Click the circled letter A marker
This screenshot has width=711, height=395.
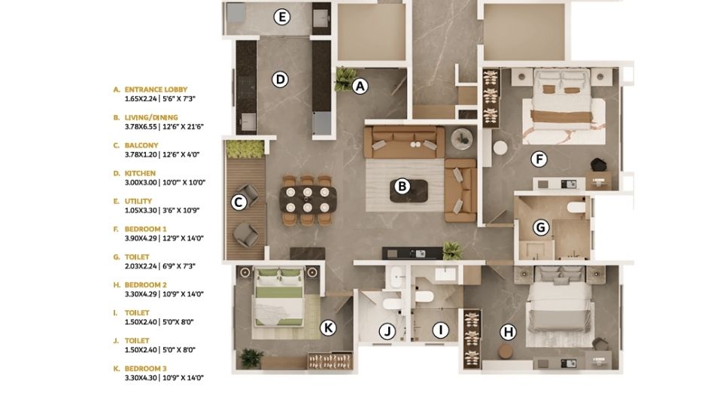[x=360, y=86]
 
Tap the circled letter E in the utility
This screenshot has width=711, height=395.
[x=282, y=17]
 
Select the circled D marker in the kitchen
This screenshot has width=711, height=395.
[x=280, y=79]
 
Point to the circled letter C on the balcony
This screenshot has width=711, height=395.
[x=239, y=202]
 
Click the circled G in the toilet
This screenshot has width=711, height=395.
[x=540, y=226]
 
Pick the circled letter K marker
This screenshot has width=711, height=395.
[x=328, y=327]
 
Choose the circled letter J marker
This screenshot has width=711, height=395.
[x=387, y=332]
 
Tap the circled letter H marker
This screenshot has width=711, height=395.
[x=509, y=333]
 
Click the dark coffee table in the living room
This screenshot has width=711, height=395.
[x=409, y=190]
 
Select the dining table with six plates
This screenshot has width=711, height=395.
[x=308, y=199]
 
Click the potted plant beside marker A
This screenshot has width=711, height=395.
[x=345, y=78]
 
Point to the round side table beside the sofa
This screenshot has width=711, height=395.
[x=462, y=138]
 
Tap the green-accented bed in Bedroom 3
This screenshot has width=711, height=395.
[x=279, y=297]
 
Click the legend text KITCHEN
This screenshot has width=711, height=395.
[x=140, y=173]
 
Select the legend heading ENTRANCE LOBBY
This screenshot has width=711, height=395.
[x=156, y=90]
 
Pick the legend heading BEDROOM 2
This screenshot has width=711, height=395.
[x=145, y=285]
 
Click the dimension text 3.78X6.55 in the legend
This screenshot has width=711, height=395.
[x=141, y=126]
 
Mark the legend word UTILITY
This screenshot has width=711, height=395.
[x=138, y=201]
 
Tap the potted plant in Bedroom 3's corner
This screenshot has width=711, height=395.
[x=251, y=357]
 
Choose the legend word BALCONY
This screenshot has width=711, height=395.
[x=141, y=145]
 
